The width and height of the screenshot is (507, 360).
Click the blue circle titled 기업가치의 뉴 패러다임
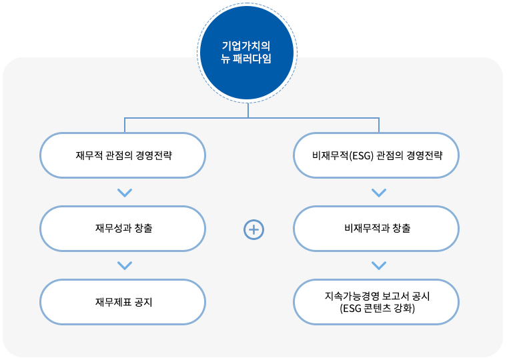pos(247,53)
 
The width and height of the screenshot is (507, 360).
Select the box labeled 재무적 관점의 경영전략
pos(123,155)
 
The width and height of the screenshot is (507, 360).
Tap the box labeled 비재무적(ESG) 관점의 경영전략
pos(376,155)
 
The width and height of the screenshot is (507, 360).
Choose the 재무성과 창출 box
pos(123,229)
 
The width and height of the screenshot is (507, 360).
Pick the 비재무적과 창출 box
pos(376,229)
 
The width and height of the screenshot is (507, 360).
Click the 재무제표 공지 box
pos(123,302)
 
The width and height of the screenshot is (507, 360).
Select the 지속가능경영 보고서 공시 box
pos(376,302)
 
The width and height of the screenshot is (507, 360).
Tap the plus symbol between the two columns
pos(253,230)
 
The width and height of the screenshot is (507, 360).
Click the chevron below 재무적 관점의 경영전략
pos(125,193)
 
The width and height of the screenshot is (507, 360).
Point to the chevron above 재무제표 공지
pos(125,265)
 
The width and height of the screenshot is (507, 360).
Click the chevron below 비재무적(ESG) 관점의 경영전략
pos(379,193)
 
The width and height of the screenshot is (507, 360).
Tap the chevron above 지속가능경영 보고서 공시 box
pos(379,265)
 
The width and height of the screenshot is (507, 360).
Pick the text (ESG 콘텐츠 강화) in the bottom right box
pos(378,308)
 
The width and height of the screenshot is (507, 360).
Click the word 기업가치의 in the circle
pos(246,46)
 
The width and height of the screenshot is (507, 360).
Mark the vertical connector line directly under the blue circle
pos(248,110)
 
